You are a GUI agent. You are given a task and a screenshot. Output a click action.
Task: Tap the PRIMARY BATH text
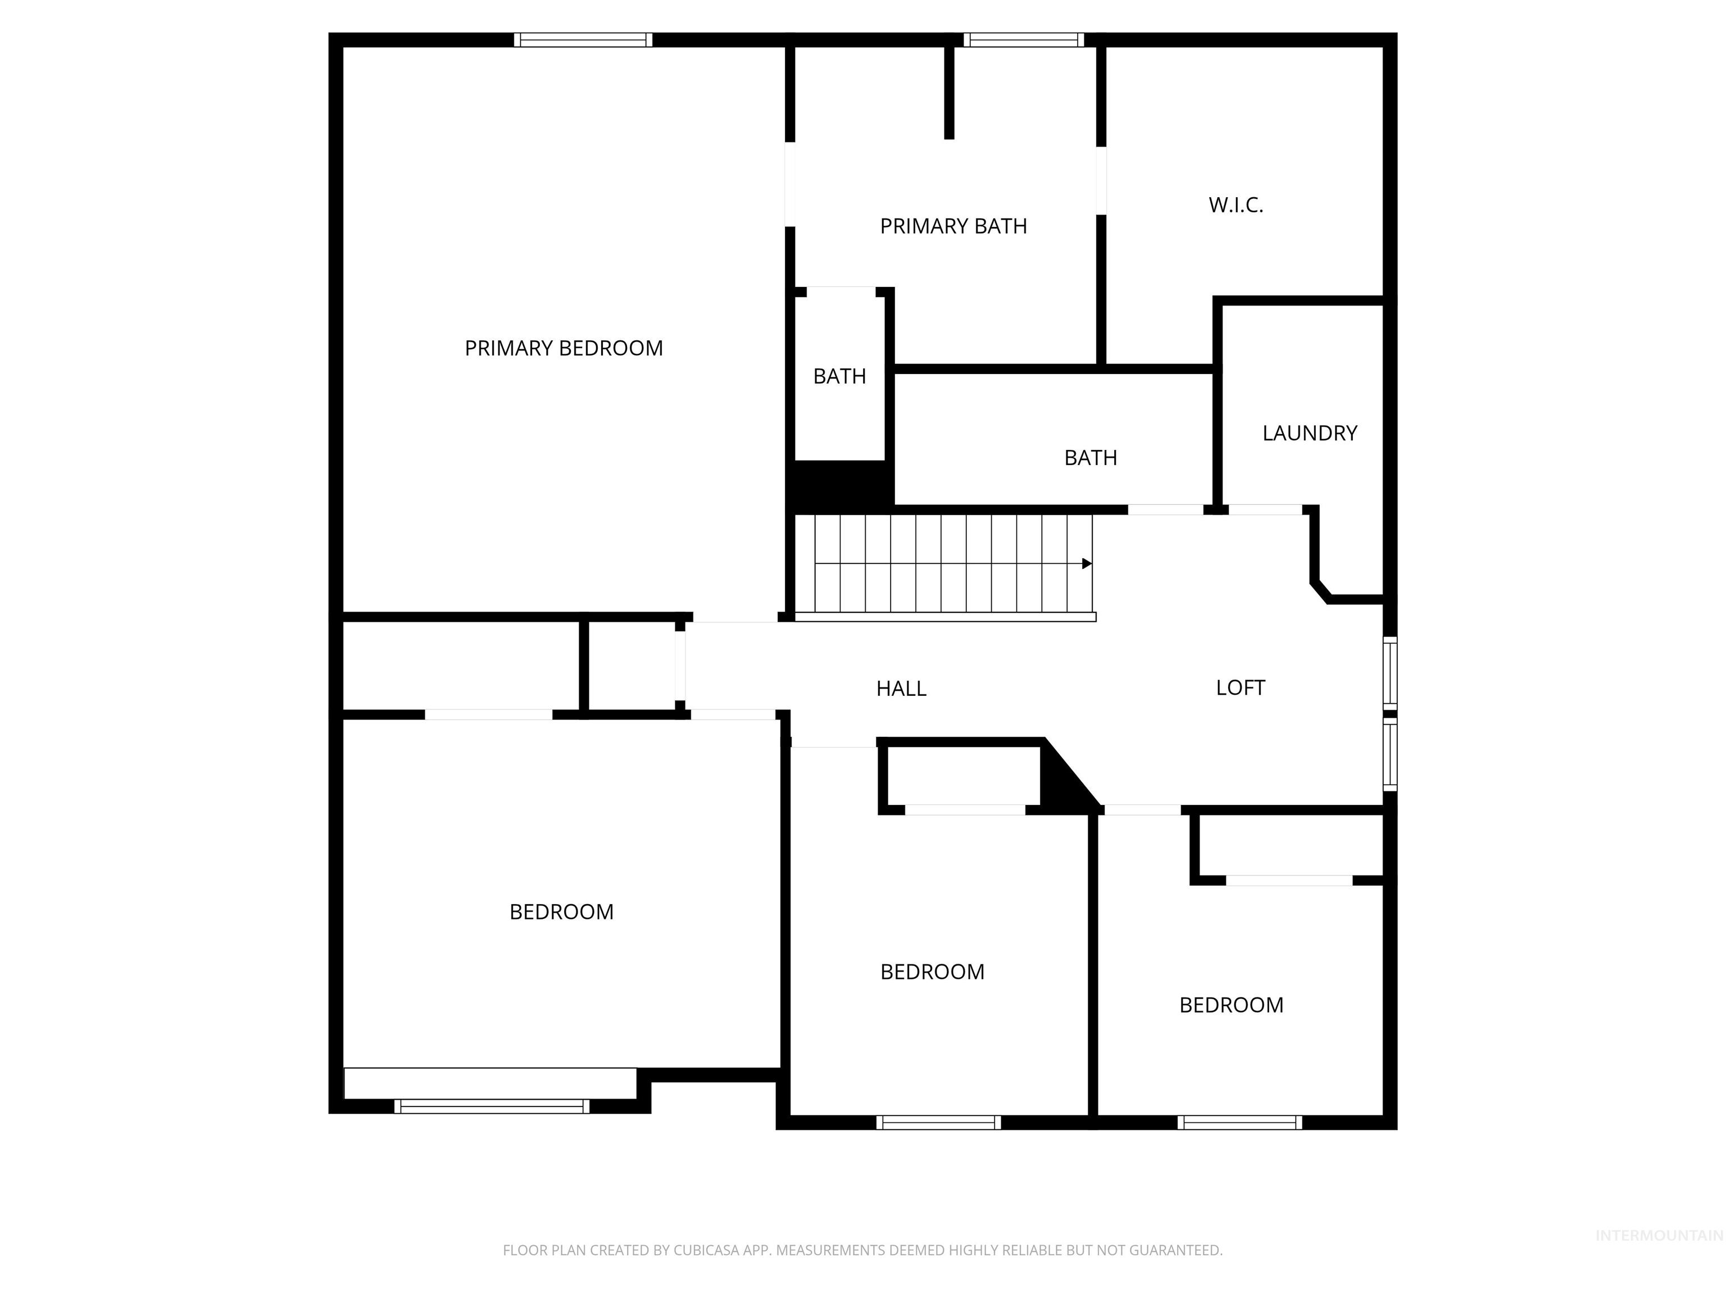point(953,226)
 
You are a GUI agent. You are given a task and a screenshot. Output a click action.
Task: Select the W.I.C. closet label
point(1235,205)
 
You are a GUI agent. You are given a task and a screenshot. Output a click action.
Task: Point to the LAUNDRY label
point(1309,433)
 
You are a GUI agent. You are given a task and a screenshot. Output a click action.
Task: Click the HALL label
point(901,688)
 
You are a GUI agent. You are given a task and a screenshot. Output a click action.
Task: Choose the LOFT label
point(1240,687)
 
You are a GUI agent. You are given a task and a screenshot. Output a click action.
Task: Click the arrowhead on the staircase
point(1086,563)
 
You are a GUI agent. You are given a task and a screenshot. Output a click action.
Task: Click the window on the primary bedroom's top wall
point(583,40)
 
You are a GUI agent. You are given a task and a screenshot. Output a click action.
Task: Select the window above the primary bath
point(1023,40)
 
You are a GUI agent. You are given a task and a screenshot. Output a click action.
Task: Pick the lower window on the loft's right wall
point(1389,754)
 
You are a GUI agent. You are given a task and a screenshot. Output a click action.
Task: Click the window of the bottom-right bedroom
point(1239,1122)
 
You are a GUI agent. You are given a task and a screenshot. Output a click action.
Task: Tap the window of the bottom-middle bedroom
point(938,1122)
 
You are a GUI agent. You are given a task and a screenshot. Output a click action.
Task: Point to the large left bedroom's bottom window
point(492,1106)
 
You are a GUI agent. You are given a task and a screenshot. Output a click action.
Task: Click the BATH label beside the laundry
point(1090,458)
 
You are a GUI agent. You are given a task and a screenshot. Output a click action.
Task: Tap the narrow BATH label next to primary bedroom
point(839,377)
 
